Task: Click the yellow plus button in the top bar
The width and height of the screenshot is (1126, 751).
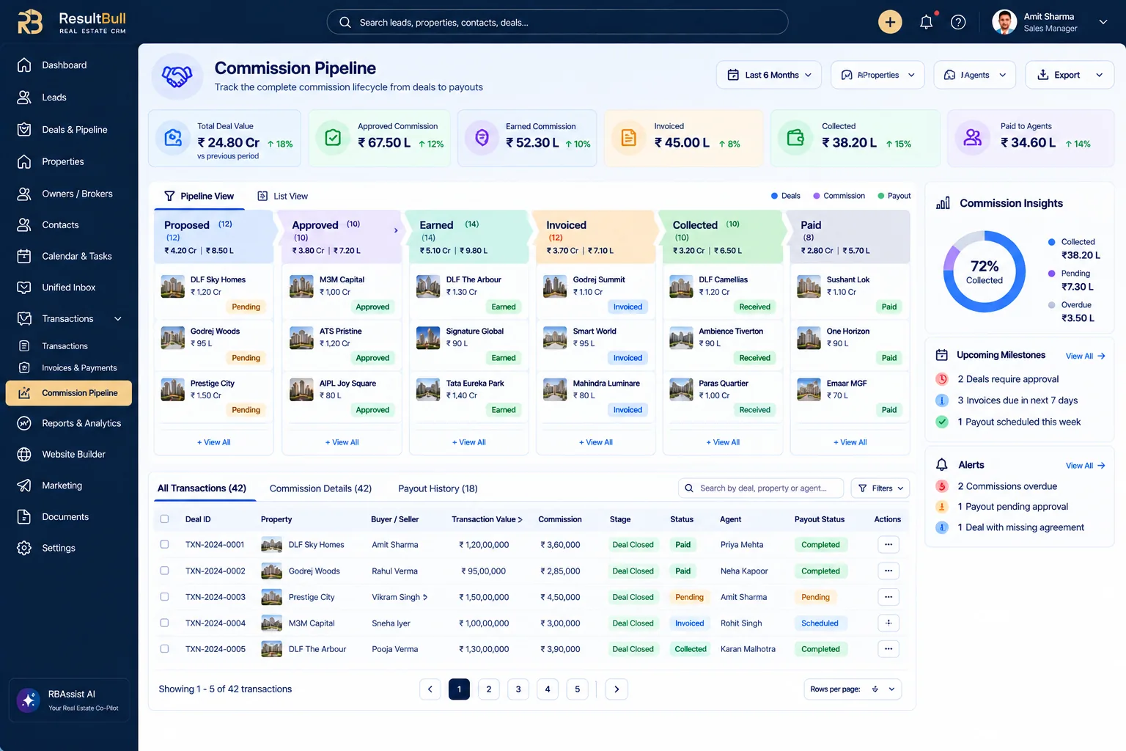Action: pyautogui.click(x=890, y=22)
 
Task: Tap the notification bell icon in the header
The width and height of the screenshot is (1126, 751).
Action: pyautogui.click(x=926, y=22)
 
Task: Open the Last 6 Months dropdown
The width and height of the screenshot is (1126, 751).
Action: pyautogui.click(x=768, y=75)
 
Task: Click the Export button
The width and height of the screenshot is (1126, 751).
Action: pyautogui.click(x=1070, y=75)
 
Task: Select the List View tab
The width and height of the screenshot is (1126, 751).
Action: pyautogui.click(x=282, y=196)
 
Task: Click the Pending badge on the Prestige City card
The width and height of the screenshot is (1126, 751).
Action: pyautogui.click(x=246, y=410)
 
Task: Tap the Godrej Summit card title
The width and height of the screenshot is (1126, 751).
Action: pyautogui.click(x=599, y=279)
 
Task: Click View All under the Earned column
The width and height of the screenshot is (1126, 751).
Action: pyautogui.click(x=468, y=442)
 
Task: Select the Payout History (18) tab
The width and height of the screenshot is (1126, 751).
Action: pyautogui.click(x=438, y=488)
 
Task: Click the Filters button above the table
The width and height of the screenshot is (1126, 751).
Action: pyautogui.click(x=880, y=488)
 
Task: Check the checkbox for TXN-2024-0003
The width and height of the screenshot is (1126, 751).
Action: pyautogui.click(x=164, y=596)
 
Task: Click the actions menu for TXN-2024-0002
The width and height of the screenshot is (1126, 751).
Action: pyautogui.click(x=888, y=571)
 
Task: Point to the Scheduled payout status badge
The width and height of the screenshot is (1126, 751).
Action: pyautogui.click(x=820, y=623)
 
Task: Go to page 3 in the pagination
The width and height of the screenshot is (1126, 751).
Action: pyautogui.click(x=518, y=689)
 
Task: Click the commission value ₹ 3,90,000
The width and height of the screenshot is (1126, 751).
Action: pyautogui.click(x=560, y=649)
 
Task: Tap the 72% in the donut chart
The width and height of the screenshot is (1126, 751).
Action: pyautogui.click(x=985, y=265)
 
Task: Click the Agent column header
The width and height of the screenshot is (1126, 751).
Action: pyautogui.click(x=730, y=519)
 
